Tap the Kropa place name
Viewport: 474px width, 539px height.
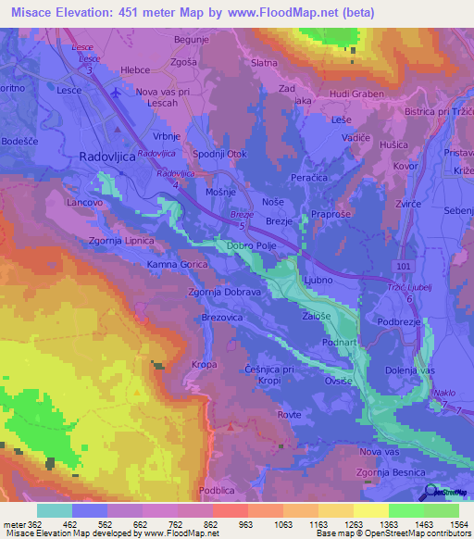tap(204, 365)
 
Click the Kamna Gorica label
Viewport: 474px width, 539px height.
tap(177, 264)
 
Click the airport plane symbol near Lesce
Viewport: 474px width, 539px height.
tap(115, 93)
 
